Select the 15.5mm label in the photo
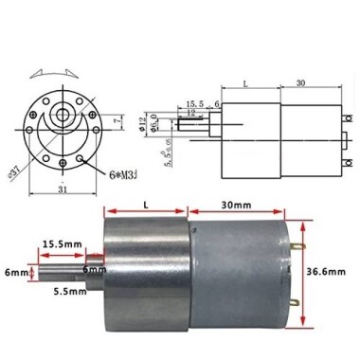point(62,243)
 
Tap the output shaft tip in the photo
point(39,272)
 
